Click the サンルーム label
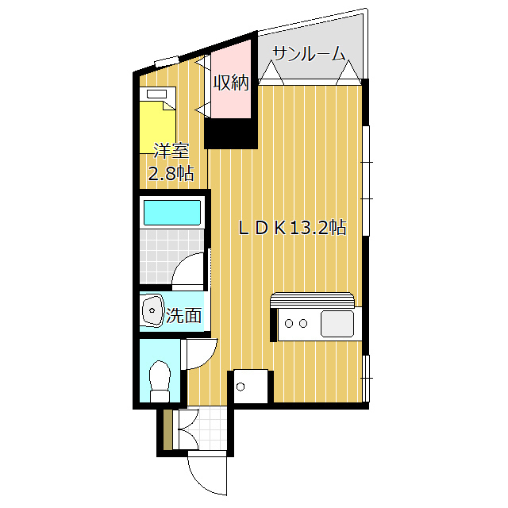[309, 54]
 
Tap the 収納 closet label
[231, 83]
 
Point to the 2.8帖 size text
[171, 174]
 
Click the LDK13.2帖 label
[293, 228]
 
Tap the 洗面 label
[183, 315]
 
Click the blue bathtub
[171, 213]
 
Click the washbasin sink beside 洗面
[151, 312]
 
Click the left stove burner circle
[289, 323]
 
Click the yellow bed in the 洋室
[158, 127]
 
